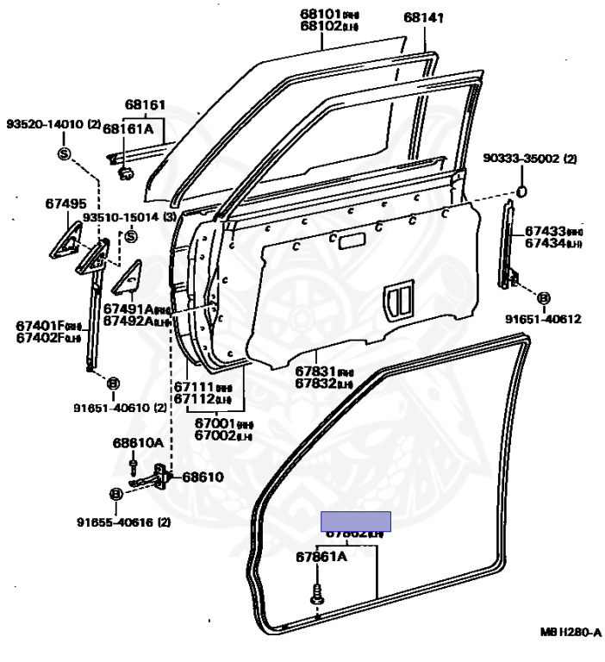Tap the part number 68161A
point(128,128)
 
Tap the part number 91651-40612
point(543,319)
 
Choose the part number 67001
point(212,423)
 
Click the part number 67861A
point(321,557)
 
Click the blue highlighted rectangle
point(356,521)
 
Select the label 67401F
point(41,325)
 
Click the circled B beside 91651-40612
point(544,298)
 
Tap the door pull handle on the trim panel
point(397,297)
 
